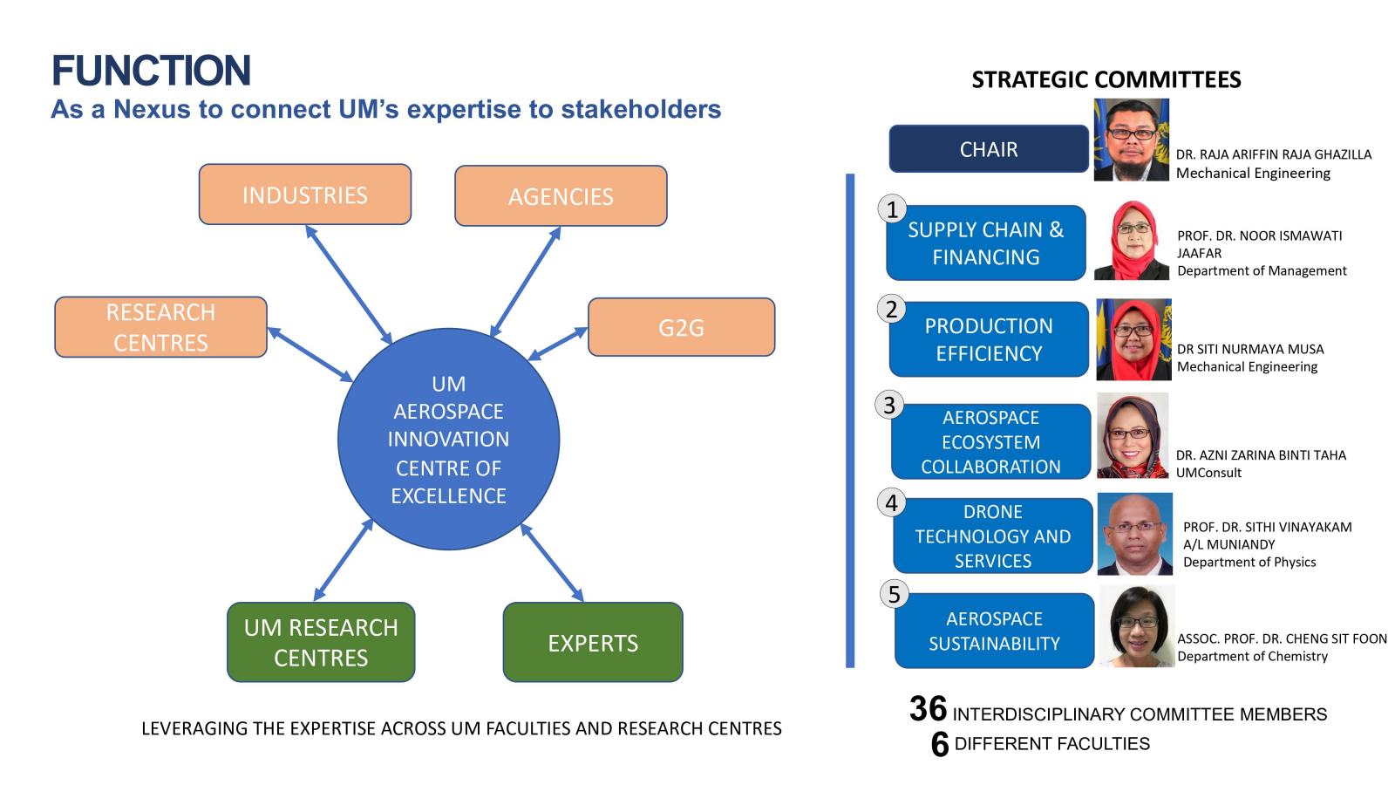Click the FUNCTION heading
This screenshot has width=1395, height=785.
[152, 70]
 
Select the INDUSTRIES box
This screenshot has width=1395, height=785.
[305, 195]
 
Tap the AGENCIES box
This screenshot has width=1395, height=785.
[561, 195]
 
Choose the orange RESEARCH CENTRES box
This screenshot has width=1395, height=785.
[160, 327]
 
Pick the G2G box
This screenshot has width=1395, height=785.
[681, 327]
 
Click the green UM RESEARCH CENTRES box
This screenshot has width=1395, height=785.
[321, 642]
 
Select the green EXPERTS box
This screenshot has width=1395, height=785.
[593, 642]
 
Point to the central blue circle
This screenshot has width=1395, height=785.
[448, 440]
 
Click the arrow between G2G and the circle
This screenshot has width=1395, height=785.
[557, 344]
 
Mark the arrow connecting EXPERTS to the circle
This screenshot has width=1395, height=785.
[552, 563]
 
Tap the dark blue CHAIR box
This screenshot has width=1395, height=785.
[989, 149]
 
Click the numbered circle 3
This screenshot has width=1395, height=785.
[889, 405]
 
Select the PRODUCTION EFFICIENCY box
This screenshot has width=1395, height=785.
[989, 339]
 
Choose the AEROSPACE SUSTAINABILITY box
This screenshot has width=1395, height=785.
[995, 631]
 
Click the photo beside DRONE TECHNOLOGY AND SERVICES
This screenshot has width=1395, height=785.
[1134, 534]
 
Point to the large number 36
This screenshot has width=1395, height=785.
[928, 709]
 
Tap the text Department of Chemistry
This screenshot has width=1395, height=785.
[1252, 656]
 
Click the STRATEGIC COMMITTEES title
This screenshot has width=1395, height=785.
[1106, 79]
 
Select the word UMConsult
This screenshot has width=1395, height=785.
[1208, 472]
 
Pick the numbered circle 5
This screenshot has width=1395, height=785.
[895, 594]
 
